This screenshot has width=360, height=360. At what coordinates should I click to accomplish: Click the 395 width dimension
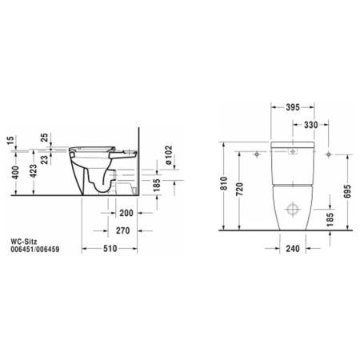tap(294, 106)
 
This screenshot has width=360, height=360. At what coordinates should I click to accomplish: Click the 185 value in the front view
tap(330, 217)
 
